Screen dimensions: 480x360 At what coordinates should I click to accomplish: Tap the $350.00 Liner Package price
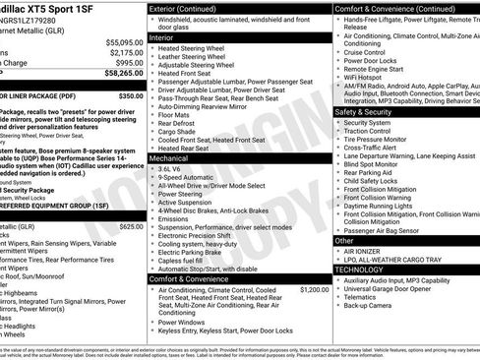[x=130, y=97]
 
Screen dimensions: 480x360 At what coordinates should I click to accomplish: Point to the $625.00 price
[x=130, y=226]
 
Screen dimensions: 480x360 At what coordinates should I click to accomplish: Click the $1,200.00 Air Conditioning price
[x=314, y=290]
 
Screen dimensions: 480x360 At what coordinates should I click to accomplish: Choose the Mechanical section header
[x=169, y=157]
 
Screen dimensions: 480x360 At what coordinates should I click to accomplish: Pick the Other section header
[x=344, y=240]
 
